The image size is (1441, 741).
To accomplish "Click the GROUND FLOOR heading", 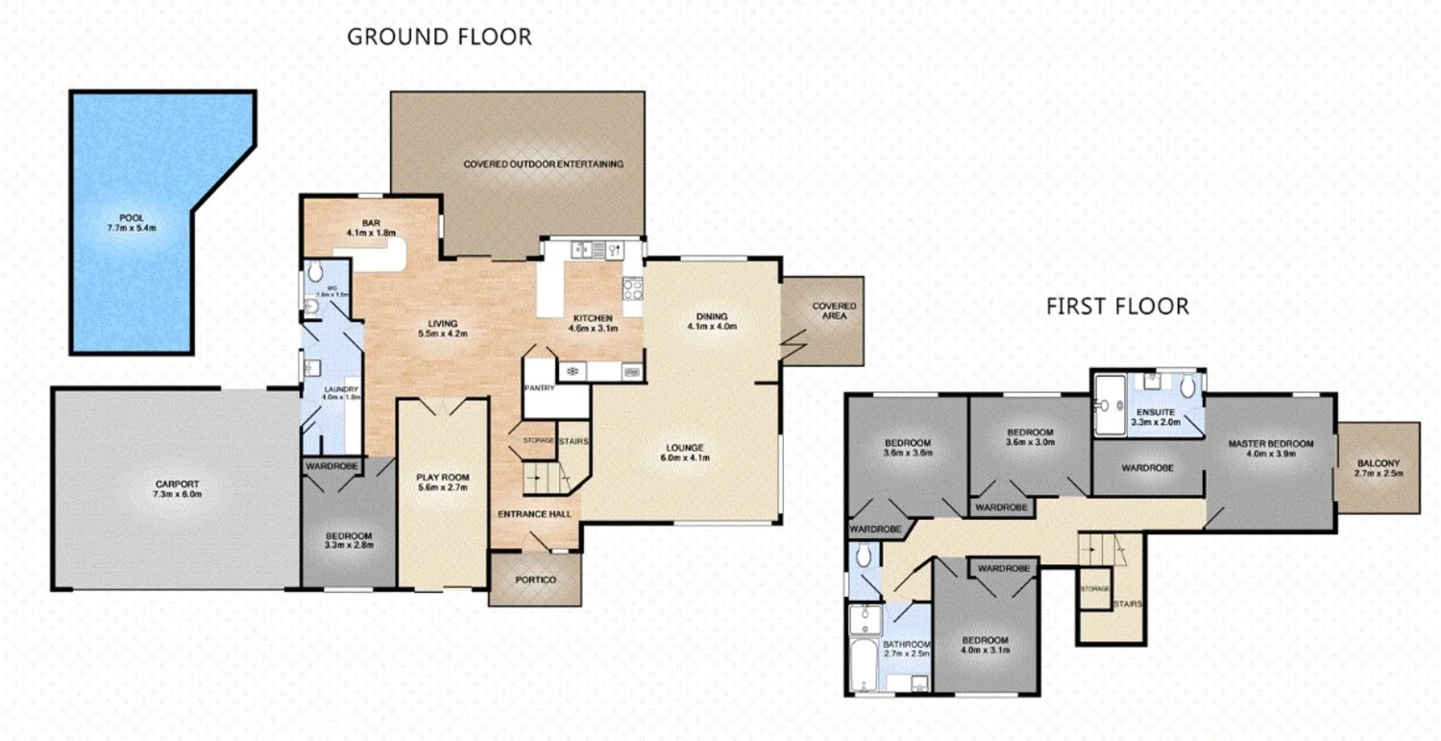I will (439, 37).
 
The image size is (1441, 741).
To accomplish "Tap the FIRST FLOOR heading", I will (1117, 307).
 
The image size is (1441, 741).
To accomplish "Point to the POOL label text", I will (132, 218).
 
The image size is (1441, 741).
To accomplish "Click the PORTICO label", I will (535, 580).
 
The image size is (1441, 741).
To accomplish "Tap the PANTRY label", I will (534, 388).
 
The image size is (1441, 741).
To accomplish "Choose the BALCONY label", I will (1379, 462).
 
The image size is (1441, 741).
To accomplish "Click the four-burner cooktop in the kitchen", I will (632, 288).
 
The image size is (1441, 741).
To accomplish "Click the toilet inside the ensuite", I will (1188, 386).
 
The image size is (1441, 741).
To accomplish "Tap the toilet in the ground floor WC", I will (309, 306).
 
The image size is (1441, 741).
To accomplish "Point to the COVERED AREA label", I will (834, 310).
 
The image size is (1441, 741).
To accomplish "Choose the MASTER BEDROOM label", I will (1269, 444).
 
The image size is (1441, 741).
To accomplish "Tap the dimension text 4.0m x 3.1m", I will (986, 651).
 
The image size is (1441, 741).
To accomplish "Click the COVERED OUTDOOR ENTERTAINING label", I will (543, 164).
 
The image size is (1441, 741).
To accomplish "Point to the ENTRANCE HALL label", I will (534, 514).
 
